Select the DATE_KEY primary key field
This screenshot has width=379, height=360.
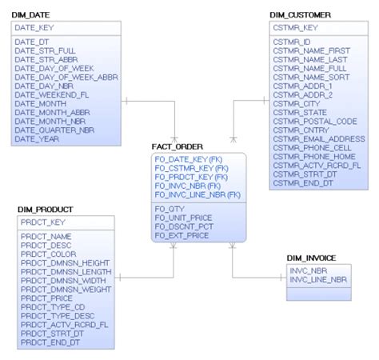[34, 27]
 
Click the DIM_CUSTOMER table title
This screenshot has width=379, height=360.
[301, 15]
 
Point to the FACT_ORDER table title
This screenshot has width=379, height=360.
[177, 147]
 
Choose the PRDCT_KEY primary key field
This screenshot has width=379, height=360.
[39, 222]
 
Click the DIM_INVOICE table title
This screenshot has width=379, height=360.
[312, 258]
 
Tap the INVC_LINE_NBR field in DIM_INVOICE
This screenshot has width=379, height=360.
[318, 279]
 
